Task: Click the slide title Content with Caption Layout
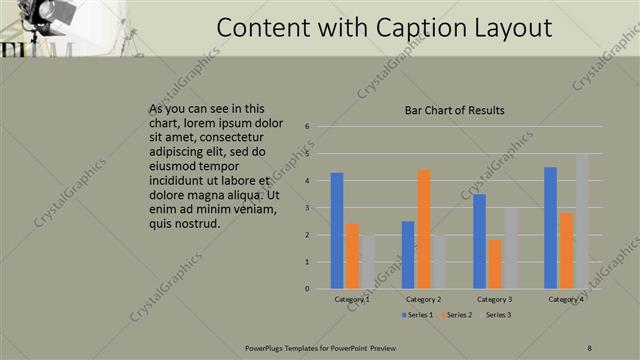(x=385, y=27)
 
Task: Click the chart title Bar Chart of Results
(x=454, y=110)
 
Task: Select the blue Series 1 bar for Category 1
(x=337, y=230)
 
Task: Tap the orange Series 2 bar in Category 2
(x=424, y=229)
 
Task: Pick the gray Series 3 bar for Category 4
(x=582, y=221)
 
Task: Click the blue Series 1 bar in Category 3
(x=480, y=241)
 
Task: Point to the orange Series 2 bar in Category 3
(x=495, y=264)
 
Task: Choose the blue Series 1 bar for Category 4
(x=551, y=227)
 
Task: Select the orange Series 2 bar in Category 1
(x=352, y=256)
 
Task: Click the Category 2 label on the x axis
(x=424, y=299)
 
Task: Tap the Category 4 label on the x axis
(x=566, y=299)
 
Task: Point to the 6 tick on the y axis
(x=307, y=127)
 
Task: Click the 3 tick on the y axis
(x=307, y=208)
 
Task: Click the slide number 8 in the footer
(x=589, y=347)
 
